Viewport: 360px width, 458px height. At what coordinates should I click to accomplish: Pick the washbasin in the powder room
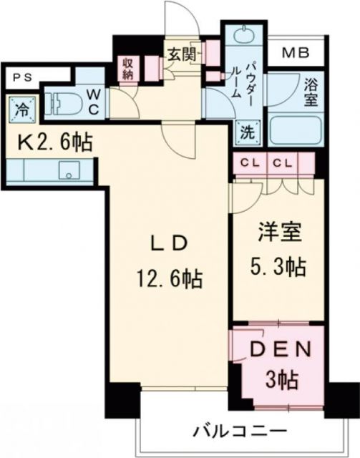[x=238, y=37]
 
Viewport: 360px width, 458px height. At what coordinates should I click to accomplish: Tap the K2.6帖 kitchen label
[x=54, y=142]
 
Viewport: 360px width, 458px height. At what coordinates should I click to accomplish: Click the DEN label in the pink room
[x=281, y=352]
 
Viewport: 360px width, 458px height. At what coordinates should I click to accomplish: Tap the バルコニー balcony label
[x=239, y=432]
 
